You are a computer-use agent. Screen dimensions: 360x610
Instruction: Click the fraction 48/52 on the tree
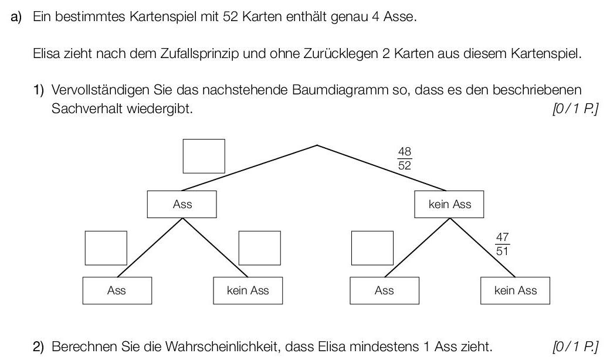click(404, 158)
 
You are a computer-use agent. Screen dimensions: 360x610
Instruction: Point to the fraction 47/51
click(502, 244)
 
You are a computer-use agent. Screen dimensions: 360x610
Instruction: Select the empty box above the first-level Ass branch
click(204, 156)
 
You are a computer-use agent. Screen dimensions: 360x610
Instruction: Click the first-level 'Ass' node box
click(182, 205)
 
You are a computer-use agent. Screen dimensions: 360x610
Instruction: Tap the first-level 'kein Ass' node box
click(449, 205)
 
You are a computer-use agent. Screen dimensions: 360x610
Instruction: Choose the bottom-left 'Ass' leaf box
click(117, 290)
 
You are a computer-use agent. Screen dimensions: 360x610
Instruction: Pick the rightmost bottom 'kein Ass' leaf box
click(515, 290)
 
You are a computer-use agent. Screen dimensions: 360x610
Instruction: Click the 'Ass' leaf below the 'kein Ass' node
click(384, 290)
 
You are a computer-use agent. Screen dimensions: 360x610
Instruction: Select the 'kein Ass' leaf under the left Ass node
click(248, 290)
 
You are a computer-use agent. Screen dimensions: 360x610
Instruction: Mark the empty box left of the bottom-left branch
click(106, 248)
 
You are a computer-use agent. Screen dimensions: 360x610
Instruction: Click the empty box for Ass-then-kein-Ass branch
click(259, 248)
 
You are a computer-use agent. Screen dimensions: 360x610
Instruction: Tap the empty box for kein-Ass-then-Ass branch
click(372, 248)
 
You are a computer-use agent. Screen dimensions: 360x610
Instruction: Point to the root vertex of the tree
click(317, 145)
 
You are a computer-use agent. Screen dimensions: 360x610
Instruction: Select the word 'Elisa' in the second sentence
click(46, 55)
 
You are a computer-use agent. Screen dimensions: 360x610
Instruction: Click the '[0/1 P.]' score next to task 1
click(575, 109)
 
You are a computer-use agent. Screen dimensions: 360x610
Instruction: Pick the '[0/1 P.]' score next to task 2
click(575, 347)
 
